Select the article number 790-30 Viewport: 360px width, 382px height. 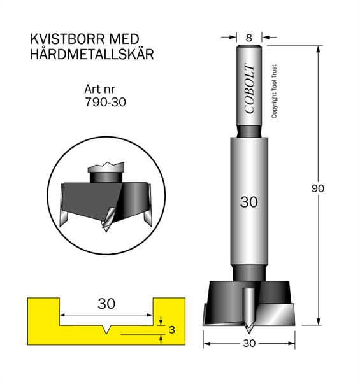tap(105, 102)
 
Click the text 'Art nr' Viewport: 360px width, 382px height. tap(99, 89)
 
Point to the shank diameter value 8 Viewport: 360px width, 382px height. tap(249, 38)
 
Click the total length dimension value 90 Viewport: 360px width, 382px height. tap(318, 188)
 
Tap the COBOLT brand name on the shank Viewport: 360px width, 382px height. tap(249, 88)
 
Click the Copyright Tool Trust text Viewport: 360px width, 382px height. tap(274, 92)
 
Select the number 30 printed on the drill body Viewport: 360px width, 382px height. tap(249, 202)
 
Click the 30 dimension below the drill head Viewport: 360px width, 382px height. tap(249, 343)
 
